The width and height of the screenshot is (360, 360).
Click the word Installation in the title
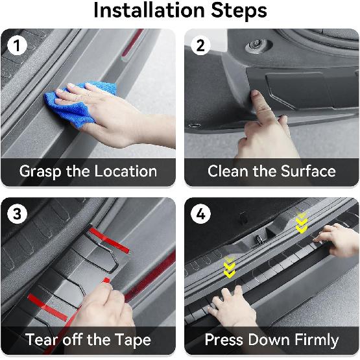149,10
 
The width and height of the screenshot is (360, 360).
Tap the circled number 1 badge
17,45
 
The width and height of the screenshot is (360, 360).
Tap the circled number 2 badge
200,45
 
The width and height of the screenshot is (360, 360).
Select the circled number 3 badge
17,214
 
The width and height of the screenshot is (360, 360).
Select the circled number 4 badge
200,214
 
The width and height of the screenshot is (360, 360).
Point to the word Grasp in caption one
40,172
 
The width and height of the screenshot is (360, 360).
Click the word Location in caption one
126,171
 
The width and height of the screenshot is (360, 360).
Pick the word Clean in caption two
229,171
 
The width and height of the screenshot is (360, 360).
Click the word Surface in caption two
308,171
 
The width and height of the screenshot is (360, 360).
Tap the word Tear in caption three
42,340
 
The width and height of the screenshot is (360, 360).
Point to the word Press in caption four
224,340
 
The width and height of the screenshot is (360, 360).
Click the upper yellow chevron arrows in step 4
302,222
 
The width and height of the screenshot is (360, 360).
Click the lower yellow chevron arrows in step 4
230,267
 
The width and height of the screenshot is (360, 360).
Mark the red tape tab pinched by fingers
106,280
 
